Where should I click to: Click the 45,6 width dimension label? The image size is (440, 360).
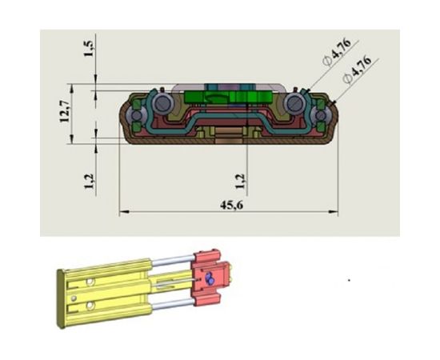(x=231, y=205)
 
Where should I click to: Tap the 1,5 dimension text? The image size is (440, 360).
(x=88, y=48)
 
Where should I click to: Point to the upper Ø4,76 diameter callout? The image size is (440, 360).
(x=337, y=52)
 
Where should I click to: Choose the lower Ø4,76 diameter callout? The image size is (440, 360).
(x=357, y=70)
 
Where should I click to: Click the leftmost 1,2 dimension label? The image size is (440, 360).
(x=89, y=182)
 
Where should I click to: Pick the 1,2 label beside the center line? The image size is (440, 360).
(x=240, y=182)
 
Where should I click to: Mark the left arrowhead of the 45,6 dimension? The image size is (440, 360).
(x=124, y=211)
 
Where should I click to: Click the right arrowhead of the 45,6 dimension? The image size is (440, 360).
(x=334, y=211)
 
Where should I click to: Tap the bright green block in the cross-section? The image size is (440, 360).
(x=228, y=97)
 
